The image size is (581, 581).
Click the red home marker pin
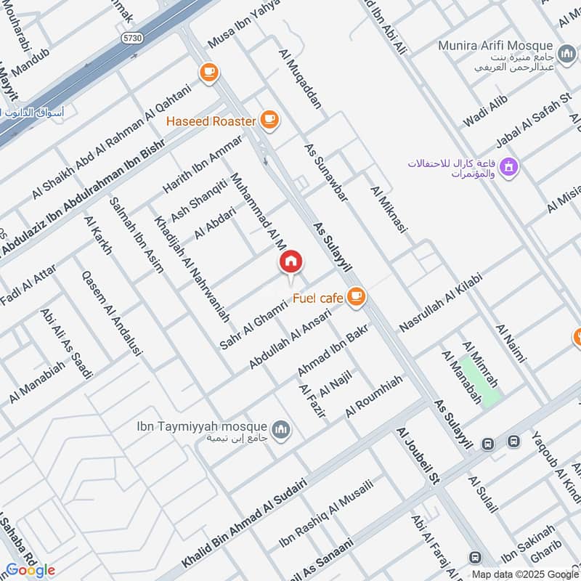click(290, 262)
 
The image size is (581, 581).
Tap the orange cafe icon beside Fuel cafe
click(355, 296)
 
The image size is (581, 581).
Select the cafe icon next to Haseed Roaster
click(269, 120)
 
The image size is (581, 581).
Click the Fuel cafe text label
click(317, 296)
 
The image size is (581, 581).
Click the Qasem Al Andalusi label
click(112, 312)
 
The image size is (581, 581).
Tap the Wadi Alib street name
click(484, 113)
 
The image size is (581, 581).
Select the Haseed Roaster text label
click(211, 121)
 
